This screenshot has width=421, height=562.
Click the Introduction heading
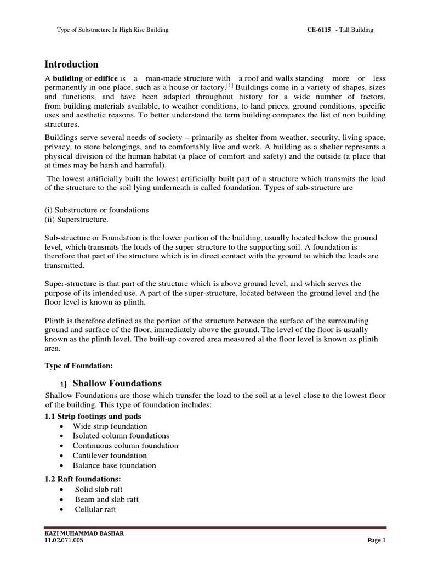click(71, 64)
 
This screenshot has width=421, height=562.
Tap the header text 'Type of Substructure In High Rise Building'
click(112, 30)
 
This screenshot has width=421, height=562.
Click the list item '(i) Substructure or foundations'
click(96, 210)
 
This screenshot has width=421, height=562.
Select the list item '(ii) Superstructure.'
click(76, 220)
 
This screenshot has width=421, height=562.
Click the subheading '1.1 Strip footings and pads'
click(93, 416)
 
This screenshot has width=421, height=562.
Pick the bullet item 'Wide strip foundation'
click(110, 426)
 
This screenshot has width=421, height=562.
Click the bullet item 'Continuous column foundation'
click(125, 446)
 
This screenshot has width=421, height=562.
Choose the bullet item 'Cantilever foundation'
click(110, 456)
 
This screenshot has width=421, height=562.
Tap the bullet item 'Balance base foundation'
click(114, 465)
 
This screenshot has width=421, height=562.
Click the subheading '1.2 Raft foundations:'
click(82, 479)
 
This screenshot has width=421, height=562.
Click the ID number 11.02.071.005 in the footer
click(64, 541)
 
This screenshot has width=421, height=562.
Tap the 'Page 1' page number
click(377, 541)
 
